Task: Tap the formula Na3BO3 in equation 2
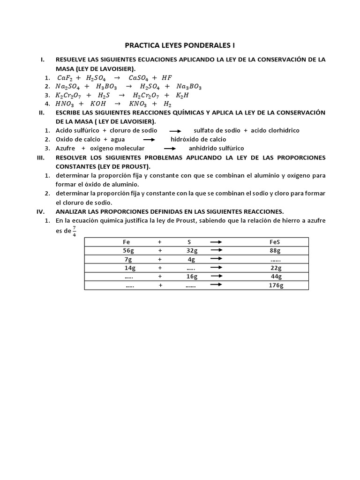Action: tap(189, 87)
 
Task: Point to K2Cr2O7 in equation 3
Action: tap(69, 95)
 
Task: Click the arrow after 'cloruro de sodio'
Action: tap(175, 131)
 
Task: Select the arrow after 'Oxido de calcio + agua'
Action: tap(148, 140)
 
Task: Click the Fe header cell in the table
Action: tap(127, 242)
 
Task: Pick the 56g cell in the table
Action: tap(128, 251)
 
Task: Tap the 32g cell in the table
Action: tap(192, 251)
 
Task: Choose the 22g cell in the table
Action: tap(276, 268)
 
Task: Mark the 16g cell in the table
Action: tap(192, 277)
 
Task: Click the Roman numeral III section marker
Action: tap(40, 157)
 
